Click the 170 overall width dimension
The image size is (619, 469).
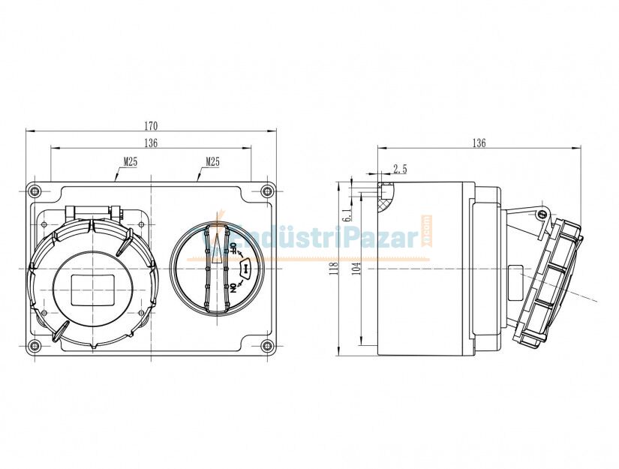coord(152,125)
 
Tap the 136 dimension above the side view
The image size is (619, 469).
coord(479,143)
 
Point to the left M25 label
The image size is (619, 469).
coord(130,161)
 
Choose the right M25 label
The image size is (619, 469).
coord(212,161)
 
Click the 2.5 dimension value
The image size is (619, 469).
coord(399,169)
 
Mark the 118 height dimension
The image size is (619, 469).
coord(334,268)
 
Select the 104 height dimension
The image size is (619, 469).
coord(357,268)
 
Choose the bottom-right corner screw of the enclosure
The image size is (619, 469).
coord(267,346)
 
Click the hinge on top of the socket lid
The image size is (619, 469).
coord(94,214)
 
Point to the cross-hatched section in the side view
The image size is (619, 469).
coord(385,197)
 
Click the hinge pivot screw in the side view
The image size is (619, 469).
coord(540,215)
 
